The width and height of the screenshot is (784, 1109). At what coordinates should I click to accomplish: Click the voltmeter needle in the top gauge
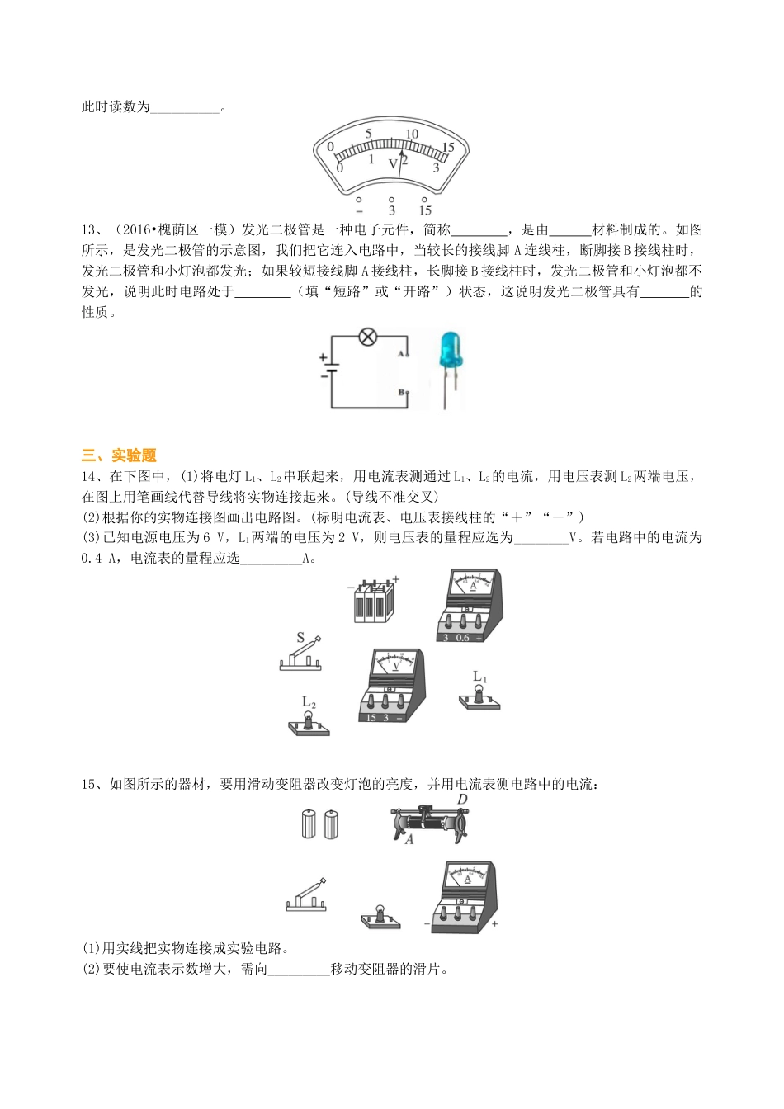[x=401, y=163]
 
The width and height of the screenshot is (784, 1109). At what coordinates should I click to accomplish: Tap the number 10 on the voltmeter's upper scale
[x=412, y=134]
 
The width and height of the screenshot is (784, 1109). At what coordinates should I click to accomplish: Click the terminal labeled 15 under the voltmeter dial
[x=425, y=200]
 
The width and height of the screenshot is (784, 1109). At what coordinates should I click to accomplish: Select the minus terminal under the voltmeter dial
[x=358, y=200]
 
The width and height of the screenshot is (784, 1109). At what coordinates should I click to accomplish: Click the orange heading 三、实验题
[x=119, y=455]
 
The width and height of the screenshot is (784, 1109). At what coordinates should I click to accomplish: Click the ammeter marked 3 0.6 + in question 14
[x=469, y=606]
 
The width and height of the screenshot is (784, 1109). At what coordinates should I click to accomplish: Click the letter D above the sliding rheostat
[x=462, y=799]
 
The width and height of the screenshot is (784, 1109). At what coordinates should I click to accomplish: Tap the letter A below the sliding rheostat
[x=409, y=840]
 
